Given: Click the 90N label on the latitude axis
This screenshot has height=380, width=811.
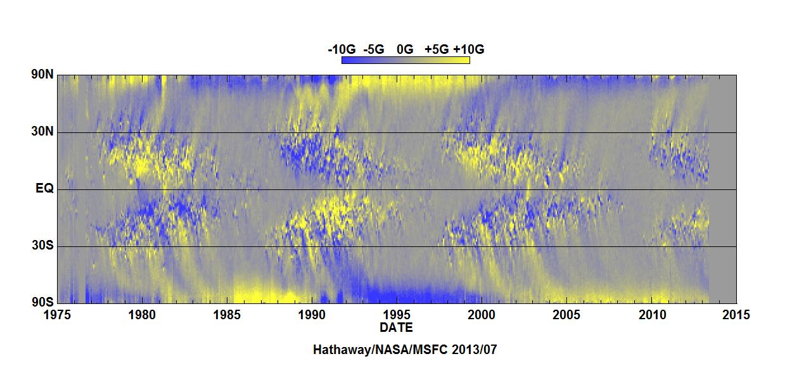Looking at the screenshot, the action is [x=42, y=75].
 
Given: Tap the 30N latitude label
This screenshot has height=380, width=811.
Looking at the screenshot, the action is [x=42, y=131].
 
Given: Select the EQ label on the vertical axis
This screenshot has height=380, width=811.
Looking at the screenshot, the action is [x=44, y=188].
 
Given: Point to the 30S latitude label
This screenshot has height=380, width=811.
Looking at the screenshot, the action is [x=42, y=245].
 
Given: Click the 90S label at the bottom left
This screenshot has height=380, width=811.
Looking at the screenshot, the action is [x=42, y=302].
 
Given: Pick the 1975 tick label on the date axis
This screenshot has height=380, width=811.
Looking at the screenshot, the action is [x=57, y=315].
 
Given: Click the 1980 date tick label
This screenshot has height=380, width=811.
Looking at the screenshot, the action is [x=142, y=315].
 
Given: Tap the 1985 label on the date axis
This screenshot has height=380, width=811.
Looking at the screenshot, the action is [x=227, y=315].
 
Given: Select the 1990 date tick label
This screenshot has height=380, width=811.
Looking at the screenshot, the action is [x=312, y=315].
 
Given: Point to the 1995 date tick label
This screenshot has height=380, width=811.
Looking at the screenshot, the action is [x=397, y=315].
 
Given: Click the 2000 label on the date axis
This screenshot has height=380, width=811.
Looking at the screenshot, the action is [x=482, y=315].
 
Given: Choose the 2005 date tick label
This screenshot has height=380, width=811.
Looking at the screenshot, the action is [x=566, y=315].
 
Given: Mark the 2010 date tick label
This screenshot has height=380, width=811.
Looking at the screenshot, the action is [x=653, y=315].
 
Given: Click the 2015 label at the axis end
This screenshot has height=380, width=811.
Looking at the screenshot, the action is [x=736, y=315].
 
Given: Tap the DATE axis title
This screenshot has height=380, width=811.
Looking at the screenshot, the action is [x=396, y=327].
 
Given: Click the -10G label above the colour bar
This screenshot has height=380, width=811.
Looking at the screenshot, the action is [x=342, y=49].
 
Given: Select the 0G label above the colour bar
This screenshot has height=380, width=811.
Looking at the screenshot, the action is [x=405, y=49].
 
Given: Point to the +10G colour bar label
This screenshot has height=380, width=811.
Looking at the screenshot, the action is [x=469, y=49].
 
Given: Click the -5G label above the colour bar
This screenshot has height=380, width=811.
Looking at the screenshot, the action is [x=374, y=49].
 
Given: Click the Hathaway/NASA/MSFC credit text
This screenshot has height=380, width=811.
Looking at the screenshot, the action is [x=405, y=350].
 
